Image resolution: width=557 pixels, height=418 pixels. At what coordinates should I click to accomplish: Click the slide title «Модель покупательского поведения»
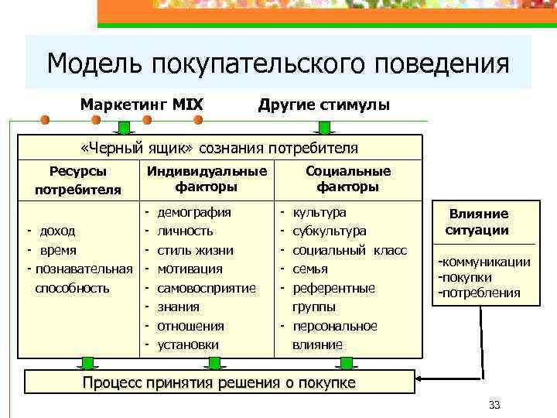[x=278, y=63]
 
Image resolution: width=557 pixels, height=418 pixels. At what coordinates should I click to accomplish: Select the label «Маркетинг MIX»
[x=142, y=104]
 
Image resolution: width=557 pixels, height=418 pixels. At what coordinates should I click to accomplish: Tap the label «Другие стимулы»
[x=323, y=104]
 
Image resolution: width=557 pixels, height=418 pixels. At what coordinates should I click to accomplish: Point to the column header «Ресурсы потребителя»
[x=77, y=180]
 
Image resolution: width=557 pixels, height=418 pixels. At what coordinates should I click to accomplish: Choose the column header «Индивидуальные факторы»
[x=206, y=179]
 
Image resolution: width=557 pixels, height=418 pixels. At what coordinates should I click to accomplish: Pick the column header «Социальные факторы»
[x=348, y=179]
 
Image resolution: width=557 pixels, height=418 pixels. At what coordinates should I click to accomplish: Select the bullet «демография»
[x=194, y=211]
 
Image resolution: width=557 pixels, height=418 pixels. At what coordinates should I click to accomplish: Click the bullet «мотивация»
[x=190, y=269]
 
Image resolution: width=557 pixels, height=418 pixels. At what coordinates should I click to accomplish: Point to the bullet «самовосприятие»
[x=207, y=288]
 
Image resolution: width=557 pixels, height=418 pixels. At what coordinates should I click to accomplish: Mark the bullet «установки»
[x=188, y=344]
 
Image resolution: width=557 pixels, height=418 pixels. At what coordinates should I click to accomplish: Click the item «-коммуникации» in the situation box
[x=484, y=262]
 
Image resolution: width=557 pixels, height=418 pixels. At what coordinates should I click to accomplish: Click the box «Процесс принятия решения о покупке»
[x=220, y=383]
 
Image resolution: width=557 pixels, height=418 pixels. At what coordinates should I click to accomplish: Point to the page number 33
[x=495, y=405]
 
